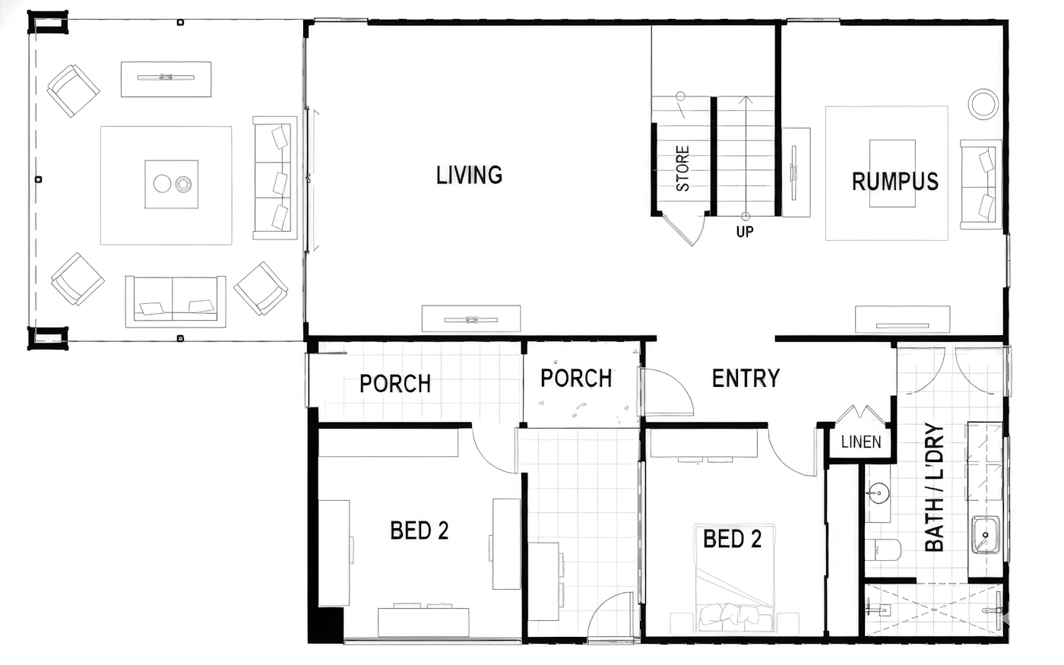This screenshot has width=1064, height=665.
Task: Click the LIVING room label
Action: (470, 175)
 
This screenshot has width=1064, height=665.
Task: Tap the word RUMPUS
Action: (895, 182)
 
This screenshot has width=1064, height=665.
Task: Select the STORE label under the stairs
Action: (682, 169)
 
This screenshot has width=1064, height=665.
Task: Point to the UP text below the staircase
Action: (744, 232)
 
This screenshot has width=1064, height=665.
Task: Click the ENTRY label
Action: (746, 378)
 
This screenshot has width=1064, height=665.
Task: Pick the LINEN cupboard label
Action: (860, 442)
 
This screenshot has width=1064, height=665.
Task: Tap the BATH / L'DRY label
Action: (934, 487)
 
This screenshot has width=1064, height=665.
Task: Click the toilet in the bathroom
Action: (882, 549)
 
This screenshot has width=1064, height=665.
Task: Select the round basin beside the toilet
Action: (879, 493)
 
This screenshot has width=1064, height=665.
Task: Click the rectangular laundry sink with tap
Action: (985, 535)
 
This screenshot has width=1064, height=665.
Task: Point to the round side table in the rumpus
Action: (983, 104)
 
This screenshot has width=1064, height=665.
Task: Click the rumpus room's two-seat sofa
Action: (981, 185)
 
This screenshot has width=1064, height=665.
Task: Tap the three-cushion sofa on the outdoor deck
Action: (274, 178)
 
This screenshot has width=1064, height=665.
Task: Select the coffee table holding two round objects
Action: (172, 184)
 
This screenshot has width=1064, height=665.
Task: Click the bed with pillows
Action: (735, 578)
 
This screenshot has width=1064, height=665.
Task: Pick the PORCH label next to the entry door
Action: (576, 378)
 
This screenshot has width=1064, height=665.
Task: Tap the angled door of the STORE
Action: (677, 230)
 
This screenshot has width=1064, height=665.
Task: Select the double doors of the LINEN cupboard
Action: (860, 414)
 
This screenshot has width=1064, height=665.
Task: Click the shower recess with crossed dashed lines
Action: (933, 610)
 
